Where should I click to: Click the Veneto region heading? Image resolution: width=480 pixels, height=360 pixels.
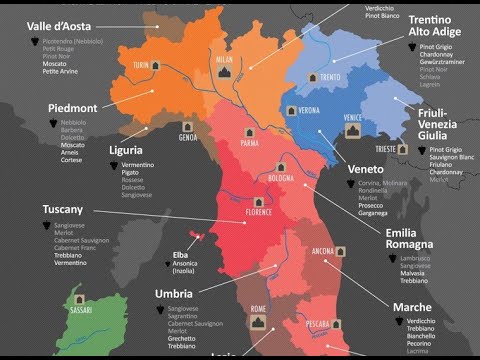click(x=365, y=169)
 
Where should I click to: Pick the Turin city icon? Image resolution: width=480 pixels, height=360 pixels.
click(x=155, y=65)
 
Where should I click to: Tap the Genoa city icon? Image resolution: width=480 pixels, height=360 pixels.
click(x=188, y=128)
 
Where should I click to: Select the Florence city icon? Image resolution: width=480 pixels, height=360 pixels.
click(x=258, y=202)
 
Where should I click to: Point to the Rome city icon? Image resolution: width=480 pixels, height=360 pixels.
click(x=258, y=322)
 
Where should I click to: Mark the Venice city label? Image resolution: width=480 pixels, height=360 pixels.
click(x=352, y=117)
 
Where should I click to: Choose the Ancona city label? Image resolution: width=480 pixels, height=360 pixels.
click(x=323, y=249)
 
